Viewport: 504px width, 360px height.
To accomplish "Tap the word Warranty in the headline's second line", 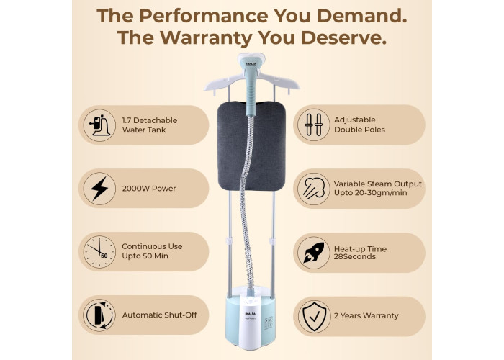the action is pos(207,37).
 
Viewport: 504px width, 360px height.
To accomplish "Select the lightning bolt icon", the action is pos(99,189).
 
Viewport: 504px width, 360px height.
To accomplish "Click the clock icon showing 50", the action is pos(99,252).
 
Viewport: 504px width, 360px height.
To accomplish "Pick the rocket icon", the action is pos(314,253).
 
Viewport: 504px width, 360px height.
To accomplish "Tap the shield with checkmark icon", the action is pos(314,316).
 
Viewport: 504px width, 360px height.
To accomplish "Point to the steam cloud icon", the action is pos(314,189).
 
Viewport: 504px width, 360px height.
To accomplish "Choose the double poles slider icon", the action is pos(314,125).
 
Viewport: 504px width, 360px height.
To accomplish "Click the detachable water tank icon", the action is pos(99,125).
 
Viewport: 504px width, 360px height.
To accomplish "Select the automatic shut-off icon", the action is pos(99,315).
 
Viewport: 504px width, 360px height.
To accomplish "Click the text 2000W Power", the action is pos(149,189).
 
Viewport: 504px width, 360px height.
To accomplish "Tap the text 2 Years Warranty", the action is pos(366,315).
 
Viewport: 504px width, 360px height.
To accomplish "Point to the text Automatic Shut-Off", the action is pos(159,315).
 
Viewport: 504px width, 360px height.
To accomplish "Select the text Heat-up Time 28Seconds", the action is pos(360,253).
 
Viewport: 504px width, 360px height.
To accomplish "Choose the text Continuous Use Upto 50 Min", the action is pos(152,251).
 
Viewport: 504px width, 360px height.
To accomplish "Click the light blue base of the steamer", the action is pos(251,321).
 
